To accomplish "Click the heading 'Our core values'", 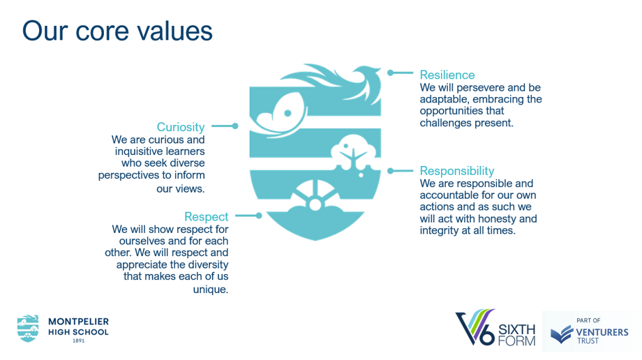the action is (117, 31).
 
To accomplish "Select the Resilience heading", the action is (447, 75).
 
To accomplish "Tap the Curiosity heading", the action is (181, 128).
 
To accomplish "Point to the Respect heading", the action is (207, 217).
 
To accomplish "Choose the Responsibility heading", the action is (457, 171).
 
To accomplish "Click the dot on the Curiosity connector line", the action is (235, 126).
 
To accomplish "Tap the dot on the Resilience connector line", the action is (391, 73).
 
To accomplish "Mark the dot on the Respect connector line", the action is (259, 216).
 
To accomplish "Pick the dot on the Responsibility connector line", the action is (391, 171).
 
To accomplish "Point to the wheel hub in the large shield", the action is (315, 204).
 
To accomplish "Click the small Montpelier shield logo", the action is (28, 329).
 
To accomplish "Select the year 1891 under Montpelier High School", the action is (79, 340).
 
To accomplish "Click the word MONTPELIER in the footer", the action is (79, 322).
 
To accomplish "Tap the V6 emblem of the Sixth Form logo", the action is (475, 327).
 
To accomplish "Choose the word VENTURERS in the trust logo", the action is (602, 332).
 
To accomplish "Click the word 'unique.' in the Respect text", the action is (211, 290).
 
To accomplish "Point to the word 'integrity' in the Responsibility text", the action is (439, 230).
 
